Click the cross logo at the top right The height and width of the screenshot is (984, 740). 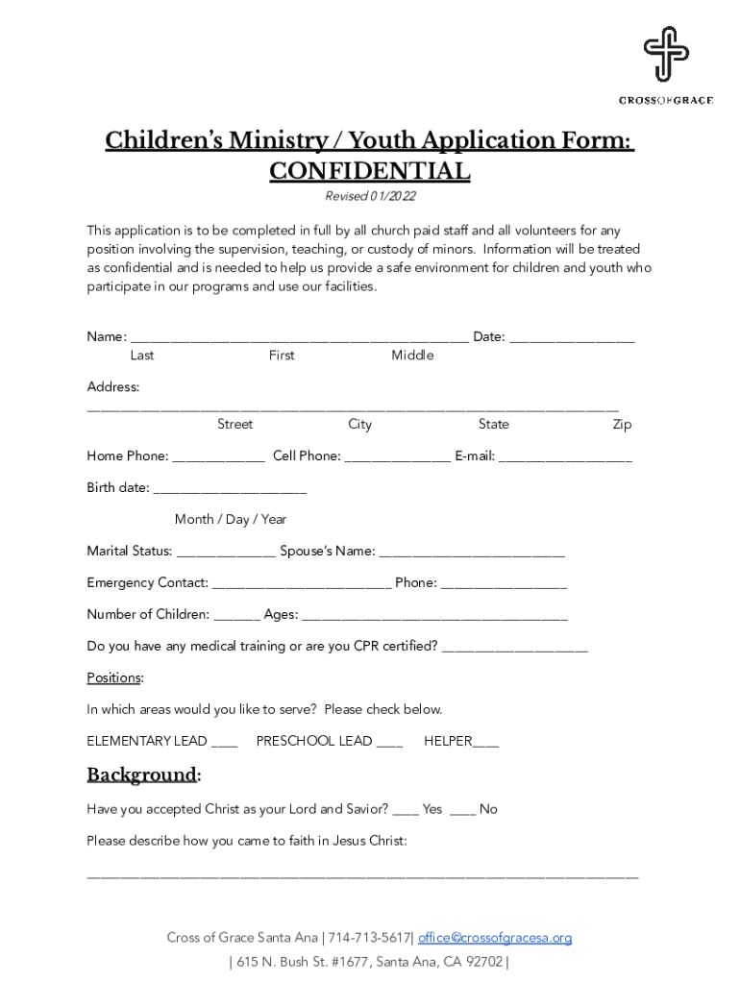(x=665, y=54)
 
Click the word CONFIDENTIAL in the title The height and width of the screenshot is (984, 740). (x=369, y=171)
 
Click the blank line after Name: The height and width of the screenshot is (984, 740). (x=299, y=338)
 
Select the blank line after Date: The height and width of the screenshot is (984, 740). (x=572, y=338)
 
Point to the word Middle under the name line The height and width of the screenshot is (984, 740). (x=412, y=356)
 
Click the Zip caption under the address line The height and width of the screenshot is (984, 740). (x=622, y=425)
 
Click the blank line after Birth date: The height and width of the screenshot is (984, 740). (x=230, y=490)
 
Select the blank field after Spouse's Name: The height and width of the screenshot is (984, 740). (x=472, y=553)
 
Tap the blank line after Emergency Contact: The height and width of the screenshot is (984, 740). (x=302, y=585)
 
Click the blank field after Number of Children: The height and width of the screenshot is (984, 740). (x=236, y=617)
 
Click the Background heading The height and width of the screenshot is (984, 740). (x=141, y=775)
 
